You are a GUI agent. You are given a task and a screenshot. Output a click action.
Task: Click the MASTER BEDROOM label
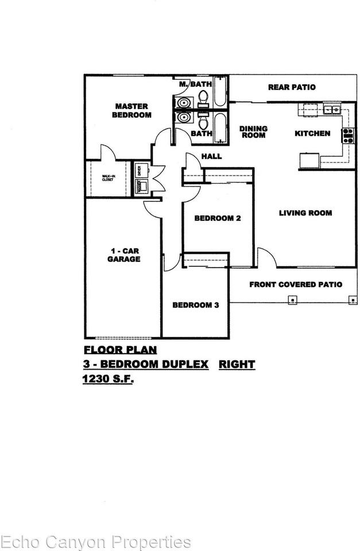point(132,110)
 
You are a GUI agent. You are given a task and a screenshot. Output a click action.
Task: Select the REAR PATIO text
point(292,87)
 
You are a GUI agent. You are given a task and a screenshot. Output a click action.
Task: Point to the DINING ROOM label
point(253,132)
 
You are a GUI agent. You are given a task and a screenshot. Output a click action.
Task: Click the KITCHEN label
point(312,133)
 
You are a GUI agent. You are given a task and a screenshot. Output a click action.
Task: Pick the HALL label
point(211,156)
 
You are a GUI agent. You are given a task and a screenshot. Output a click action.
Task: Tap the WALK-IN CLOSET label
point(108,178)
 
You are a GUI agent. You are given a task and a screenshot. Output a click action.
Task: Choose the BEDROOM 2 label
point(217,218)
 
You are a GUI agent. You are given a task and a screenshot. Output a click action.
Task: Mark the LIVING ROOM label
point(305,213)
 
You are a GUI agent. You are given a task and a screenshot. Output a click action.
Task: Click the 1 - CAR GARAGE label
point(125,255)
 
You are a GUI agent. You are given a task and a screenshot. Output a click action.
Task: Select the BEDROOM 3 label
point(196,305)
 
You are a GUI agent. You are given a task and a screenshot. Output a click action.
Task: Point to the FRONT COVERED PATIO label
point(296,284)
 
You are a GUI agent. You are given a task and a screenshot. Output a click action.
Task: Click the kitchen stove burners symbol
point(347,135)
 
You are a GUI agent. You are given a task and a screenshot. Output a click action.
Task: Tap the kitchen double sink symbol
point(331,109)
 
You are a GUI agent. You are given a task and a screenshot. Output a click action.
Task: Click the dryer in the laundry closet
point(139,170)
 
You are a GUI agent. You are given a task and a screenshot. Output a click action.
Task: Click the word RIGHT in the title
point(237,364)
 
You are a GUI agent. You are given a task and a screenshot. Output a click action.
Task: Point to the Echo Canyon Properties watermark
point(95,541)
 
